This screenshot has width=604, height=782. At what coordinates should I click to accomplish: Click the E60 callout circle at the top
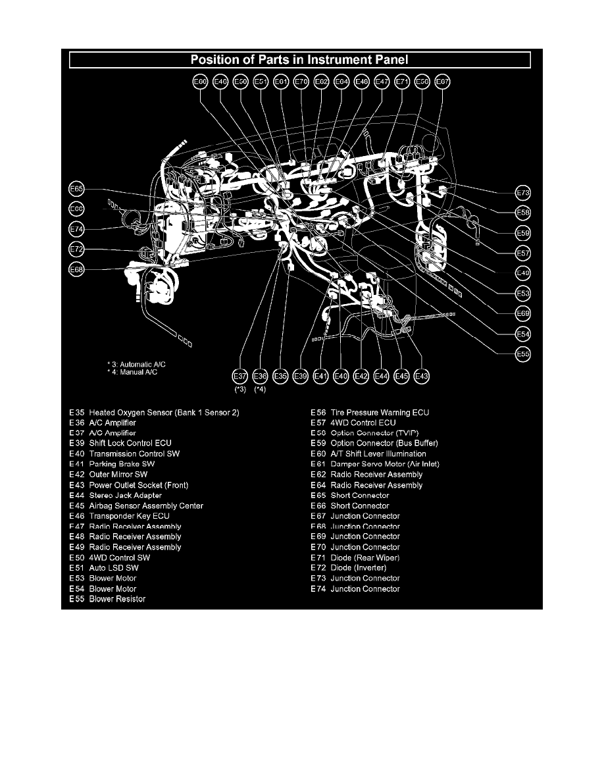pyautogui.click(x=200, y=82)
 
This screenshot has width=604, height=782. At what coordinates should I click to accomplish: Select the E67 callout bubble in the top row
pyautogui.click(x=443, y=82)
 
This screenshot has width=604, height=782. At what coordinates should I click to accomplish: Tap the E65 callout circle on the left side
pyautogui.click(x=77, y=190)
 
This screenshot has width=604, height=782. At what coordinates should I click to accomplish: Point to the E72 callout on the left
pyautogui.click(x=77, y=249)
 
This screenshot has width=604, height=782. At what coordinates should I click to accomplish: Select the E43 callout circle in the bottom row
pyautogui.click(x=422, y=376)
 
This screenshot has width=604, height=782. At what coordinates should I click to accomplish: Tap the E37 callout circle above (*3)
pyautogui.click(x=240, y=376)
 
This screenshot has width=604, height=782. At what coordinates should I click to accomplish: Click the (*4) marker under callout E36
pyautogui.click(x=261, y=390)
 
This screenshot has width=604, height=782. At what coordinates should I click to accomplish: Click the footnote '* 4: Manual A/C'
pyautogui.click(x=133, y=372)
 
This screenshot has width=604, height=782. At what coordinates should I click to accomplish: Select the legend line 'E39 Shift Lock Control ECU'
pyautogui.click(x=120, y=444)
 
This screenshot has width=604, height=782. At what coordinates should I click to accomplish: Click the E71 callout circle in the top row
pyautogui.click(x=402, y=82)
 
